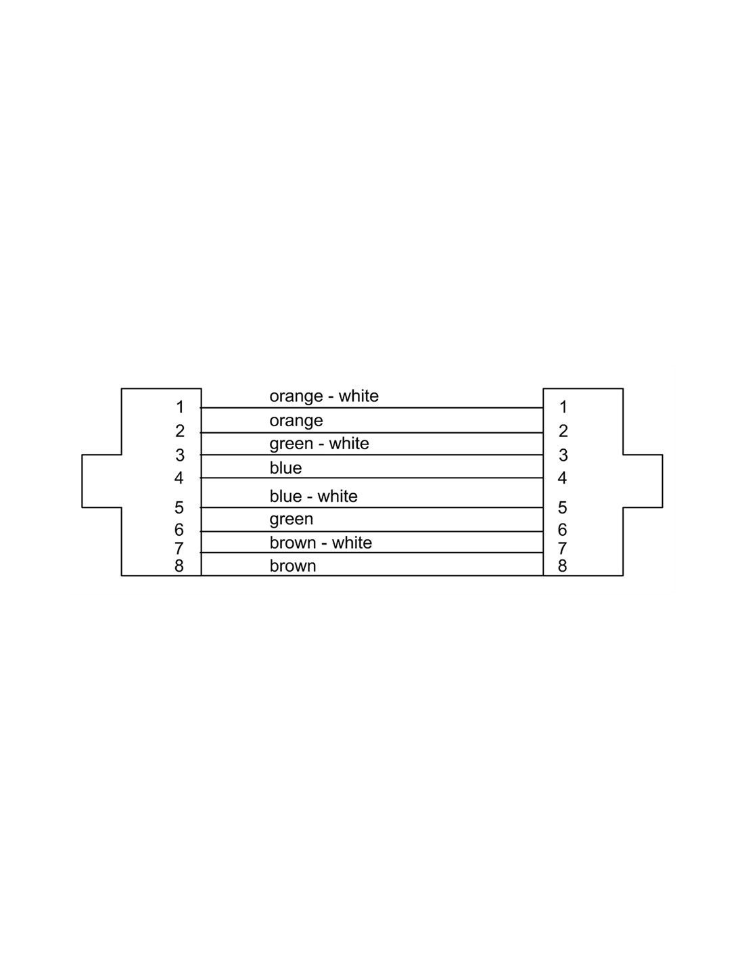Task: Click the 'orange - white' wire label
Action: pyautogui.click(x=324, y=396)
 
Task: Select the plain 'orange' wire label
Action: pyautogui.click(x=296, y=421)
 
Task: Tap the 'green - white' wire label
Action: pyautogui.click(x=319, y=444)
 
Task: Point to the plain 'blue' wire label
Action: pyautogui.click(x=285, y=468)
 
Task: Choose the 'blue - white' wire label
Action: pyautogui.click(x=313, y=497)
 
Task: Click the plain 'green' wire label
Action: pyautogui.click(x=292, y=520)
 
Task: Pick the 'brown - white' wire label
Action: pyautogui.click(x=321, y=543)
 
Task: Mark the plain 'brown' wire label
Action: pyautogui.click(x=293, y=566)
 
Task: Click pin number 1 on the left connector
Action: pyautogui.click(x=180, y=407)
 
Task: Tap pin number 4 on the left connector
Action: pyautogui.click(x=179, y=478)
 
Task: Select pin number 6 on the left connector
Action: pyautogui.click(x=179, y=530)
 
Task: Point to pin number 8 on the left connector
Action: pyautogui.click(x=179, y=566)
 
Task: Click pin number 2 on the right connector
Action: pyautogui.click(x=563, y=431)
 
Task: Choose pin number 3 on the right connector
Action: pyautogui.click(x=563, y=455)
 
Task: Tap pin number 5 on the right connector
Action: pyautogui.click(x=562, y=507)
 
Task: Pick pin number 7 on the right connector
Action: pyautogui.click(x=562, y=549)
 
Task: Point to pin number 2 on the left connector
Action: pyautogui.click(x=180, y=431)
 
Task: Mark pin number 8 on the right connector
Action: pyautogui.click(x=562, y=566)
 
